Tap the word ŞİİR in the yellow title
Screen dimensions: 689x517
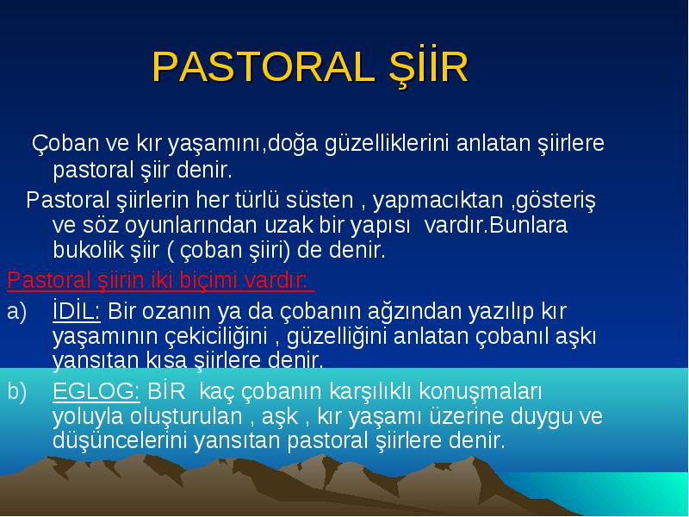(x=429, y=67)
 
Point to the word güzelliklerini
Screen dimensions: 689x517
(x=387, y=144)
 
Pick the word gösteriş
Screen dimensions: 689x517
(x=556, y=201)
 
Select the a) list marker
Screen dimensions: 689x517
(x=16, y=312)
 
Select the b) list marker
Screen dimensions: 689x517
(x=16, y=391)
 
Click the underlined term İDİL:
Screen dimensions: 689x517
(x=77, y=310)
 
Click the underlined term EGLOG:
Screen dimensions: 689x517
(x=96, y=391)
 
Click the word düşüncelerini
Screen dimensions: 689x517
(x=120, y=440)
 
